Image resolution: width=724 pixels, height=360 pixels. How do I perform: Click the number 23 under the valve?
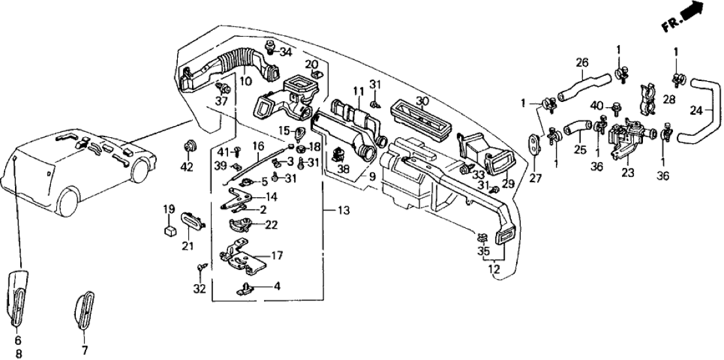coord(628,173)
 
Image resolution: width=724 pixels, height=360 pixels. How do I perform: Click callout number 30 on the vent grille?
coord(423,101)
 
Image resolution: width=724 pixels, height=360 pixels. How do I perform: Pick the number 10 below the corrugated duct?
coord(246,82)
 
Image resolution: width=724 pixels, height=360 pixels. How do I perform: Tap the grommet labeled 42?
coord(190,145)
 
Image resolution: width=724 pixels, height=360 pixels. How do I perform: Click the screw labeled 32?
coord(200,268)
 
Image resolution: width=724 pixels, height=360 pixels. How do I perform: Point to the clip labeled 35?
coord(481,237)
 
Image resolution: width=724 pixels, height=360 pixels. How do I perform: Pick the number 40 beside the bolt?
coord(596,105)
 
